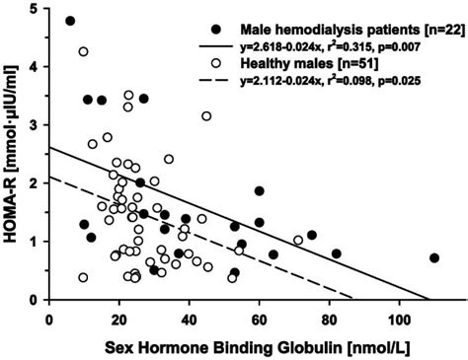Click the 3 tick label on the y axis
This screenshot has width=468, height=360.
coord(35,125)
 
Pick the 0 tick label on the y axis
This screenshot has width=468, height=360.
coord(35,300)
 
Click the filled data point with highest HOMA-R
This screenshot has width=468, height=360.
coord(70,21)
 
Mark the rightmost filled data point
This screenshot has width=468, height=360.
coord(434,257)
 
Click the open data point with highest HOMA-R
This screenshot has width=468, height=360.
coord(84,51)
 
